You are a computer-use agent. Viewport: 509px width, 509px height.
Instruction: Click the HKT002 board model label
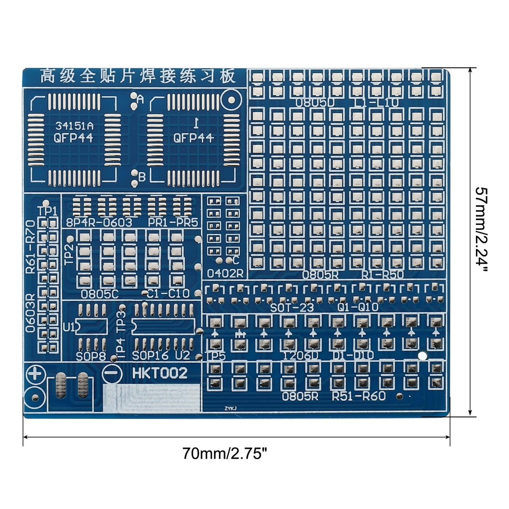(x=160, y=373)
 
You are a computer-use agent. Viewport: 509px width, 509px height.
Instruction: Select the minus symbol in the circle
(x=110, y=373)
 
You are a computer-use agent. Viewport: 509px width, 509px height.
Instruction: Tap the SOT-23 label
(x=292, y=308)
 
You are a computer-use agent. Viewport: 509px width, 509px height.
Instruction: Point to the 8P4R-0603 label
(x=99, y=222)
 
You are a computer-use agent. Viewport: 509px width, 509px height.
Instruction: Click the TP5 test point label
(x=216, y=356)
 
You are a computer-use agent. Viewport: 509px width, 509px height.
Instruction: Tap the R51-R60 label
(x=358, y=397)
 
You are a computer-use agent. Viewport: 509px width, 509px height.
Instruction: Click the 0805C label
(x=100, y=294)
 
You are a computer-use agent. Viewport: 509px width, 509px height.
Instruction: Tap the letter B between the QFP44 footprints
(x=142, y=176)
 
